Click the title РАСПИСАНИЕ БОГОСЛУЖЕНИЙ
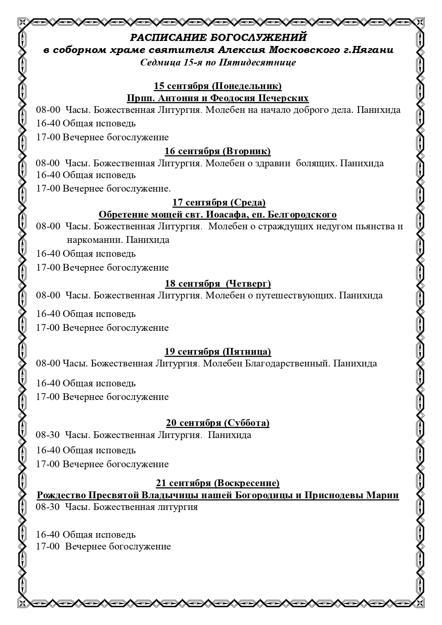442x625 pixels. click(218, 37)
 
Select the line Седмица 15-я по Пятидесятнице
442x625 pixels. click(218, 63)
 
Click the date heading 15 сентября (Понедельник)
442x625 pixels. click(218, 86)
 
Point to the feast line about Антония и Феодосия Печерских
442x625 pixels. click(218, 98)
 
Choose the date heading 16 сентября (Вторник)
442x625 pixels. click(217, 151)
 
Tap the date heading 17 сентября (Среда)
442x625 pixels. click(219, 202)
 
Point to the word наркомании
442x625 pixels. click(94, 240)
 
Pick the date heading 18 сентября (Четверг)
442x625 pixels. click(218, 283)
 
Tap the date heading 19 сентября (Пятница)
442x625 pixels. click(218, 351)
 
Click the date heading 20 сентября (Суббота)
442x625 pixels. click(218, 423)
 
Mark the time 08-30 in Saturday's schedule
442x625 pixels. click(48, 435)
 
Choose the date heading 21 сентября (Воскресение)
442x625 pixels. click(218, 483)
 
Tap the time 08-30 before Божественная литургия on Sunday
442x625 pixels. click(48, 507)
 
